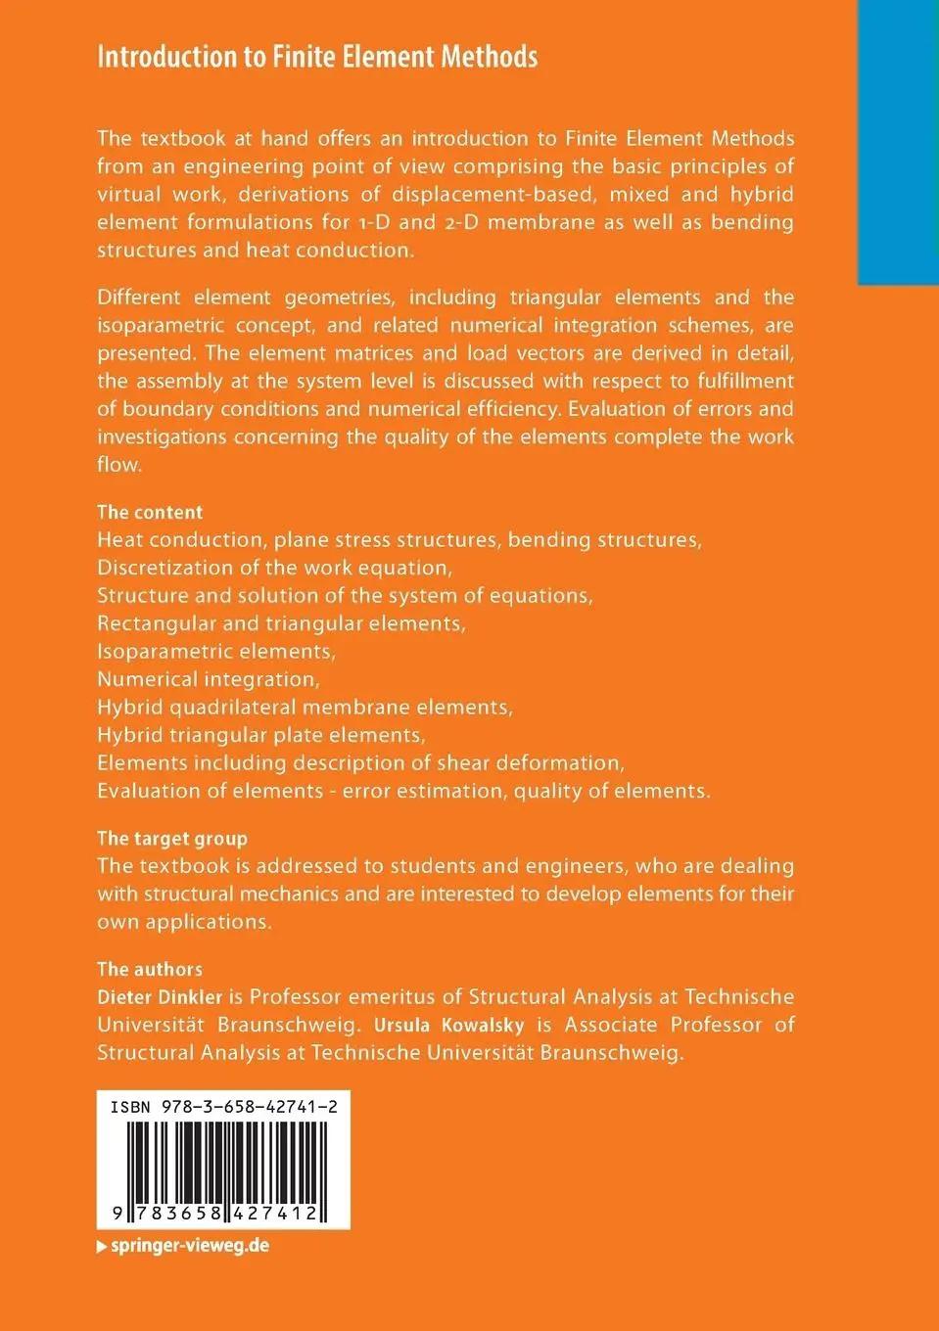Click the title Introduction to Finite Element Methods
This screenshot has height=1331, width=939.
point(317,57)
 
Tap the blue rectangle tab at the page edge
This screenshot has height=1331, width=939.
point(897,142)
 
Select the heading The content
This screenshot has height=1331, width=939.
point(150,512)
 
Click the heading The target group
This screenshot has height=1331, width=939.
point(172,838)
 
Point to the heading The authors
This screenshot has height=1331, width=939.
point(150,969)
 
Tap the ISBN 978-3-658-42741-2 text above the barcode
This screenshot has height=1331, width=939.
point(224,1107)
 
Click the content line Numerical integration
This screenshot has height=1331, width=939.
point(208,679)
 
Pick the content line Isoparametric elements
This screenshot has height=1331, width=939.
point(215,651)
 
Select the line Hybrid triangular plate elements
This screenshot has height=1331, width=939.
point(260,735)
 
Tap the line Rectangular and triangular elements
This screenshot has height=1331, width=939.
point(281,623)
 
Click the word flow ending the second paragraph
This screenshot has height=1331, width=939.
point(118,465)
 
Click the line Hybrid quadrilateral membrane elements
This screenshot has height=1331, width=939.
point(305,707)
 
